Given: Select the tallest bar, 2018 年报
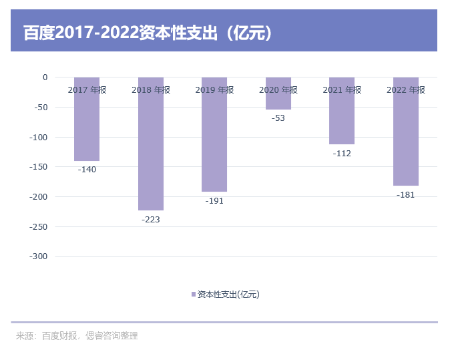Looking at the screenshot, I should point(151,150).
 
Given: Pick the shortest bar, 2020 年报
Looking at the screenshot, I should point(278,100).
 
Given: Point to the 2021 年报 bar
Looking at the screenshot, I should point(342,117).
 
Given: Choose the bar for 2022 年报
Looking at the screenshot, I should point(406,137).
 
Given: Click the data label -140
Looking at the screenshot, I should point(87,170).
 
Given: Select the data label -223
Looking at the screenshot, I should point(151,220).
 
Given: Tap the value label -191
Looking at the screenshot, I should point(214,201).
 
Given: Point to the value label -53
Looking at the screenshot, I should point(278,118).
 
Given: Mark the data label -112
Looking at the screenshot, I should point(342,154).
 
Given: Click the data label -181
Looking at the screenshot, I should point(406,195).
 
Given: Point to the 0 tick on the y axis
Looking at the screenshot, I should point(45,77).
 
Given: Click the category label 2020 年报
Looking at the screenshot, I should point(278,90).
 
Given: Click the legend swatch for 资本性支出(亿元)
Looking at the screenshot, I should point(194,295).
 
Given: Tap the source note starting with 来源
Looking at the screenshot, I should point(77,336).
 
